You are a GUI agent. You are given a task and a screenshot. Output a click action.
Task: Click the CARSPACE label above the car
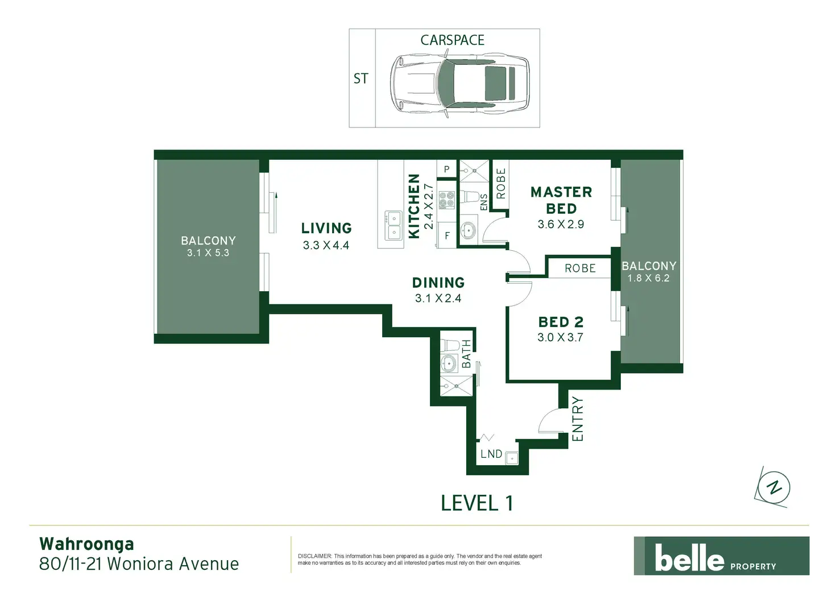(x=452, y=40)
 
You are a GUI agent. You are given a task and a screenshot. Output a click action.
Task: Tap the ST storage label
(x=361, y=78)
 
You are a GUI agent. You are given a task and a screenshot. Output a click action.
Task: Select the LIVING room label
(x=326, y=228)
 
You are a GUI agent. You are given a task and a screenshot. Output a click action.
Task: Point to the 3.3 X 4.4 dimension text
(x=326, y=245)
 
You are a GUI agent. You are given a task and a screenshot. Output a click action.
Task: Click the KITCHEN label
(x=414, y=206)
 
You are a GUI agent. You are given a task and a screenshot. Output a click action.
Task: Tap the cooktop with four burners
(x=446, y=200)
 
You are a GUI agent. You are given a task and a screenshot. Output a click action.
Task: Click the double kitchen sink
(x=393, y=225)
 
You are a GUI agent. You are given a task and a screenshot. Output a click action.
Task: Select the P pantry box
(x=446, y=169)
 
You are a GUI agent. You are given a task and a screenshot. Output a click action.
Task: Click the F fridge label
(x=447, y=236)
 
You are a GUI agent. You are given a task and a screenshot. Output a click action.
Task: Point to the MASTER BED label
(x=561, y=200)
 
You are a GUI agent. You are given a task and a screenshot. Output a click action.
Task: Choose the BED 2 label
(x=561, y=322)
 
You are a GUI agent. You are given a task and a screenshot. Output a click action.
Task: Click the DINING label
(x=438, y=283)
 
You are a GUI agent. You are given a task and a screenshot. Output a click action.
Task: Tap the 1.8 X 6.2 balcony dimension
(x=648, y=278)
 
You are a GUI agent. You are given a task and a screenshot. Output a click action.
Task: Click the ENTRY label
(x=577, y=419)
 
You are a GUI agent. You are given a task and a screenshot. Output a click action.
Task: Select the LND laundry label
(x=491, y=454)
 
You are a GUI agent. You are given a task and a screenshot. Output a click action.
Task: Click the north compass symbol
(x=773, y=487)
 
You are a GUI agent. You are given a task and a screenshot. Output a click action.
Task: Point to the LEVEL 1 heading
(x=477, y=503)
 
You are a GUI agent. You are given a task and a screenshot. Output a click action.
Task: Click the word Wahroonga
(x=86, y=544)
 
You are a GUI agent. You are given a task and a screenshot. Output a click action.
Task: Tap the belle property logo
(x=722, y=556)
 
